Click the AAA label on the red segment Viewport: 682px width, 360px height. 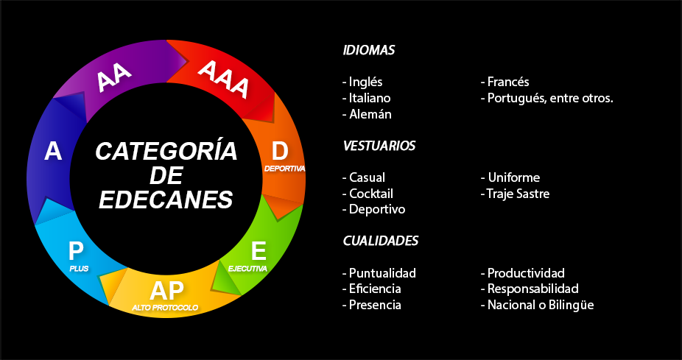click(224, 79)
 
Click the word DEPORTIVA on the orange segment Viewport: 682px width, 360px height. click(284, 169)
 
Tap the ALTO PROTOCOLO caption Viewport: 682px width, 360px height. click(165, 307)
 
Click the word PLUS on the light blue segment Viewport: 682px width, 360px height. click(79, 269)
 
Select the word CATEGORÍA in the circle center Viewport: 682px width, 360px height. click(166, 152)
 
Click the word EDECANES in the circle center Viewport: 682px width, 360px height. click(166, 200)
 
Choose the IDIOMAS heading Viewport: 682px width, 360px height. click(369, 51)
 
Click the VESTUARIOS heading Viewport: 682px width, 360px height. click(379, 146)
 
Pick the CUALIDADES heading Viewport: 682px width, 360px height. click(381, 241)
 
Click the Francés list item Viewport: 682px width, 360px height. click(505, 82)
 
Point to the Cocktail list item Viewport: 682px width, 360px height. click(368, 194)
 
